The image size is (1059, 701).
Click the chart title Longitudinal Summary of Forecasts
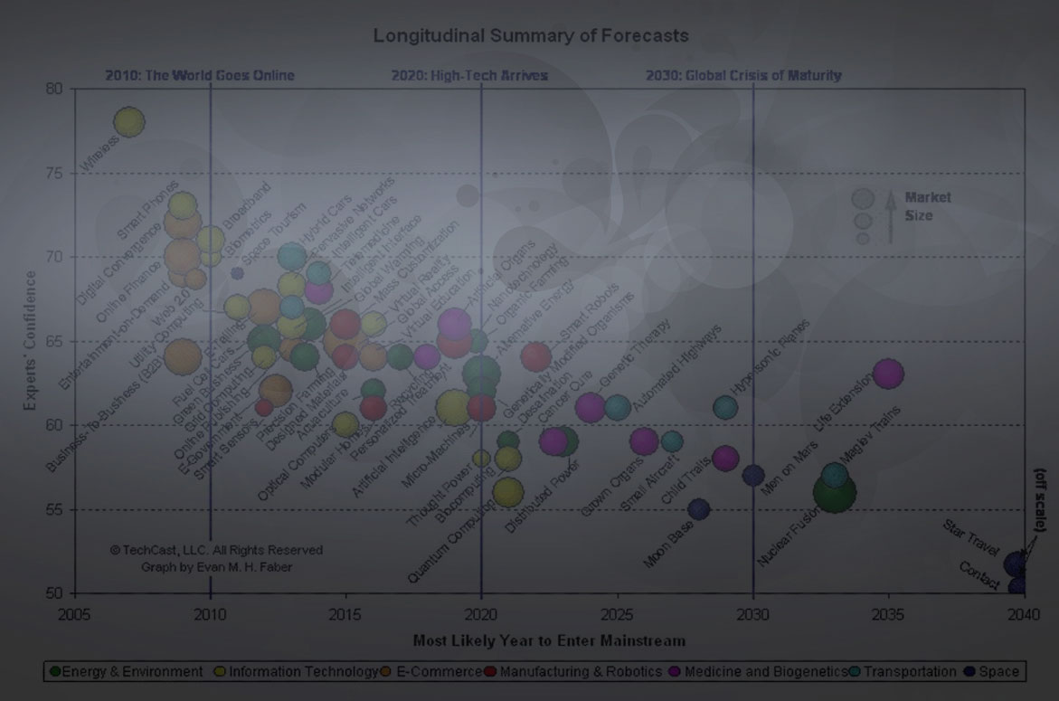click(x=531, y=36)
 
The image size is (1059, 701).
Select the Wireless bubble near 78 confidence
click(x=129, y=121)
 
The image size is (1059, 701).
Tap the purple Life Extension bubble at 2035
click(x=888, y=373)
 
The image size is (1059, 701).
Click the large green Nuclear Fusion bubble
click(x=834, y=492)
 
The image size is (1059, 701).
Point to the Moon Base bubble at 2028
click(x=698, y=509)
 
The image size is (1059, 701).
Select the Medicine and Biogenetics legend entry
click(x=758, y=671)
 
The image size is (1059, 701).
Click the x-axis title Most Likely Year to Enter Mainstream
click(x=549, y=640)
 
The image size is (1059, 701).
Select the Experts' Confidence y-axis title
click(x=32, y=340)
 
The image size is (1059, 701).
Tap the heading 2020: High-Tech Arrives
click(x=469, y=75)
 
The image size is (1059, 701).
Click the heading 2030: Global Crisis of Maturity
click(x=743, y=75)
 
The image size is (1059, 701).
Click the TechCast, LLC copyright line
click(x=216, y=550)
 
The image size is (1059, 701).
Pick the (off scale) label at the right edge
click(x=1040, y=499)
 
